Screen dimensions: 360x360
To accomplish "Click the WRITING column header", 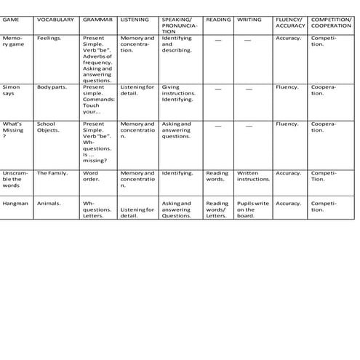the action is tap(249, 20).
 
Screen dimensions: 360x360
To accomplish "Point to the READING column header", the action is tap(217, 20).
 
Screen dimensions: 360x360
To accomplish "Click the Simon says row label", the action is tap(12, 90).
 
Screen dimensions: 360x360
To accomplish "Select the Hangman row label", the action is tap(15, 204).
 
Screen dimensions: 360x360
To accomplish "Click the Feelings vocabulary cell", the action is tap(49, 37).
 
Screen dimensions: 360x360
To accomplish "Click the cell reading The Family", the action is tap(52, 173).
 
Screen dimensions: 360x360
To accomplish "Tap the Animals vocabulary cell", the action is tap(49, 204).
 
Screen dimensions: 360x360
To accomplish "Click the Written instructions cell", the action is tap(253, 176).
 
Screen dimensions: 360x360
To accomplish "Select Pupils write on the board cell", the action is tap(252, 209).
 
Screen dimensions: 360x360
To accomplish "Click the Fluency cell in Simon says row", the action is tap(287, 87).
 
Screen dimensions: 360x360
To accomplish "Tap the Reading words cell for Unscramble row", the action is tap(217, 176).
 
